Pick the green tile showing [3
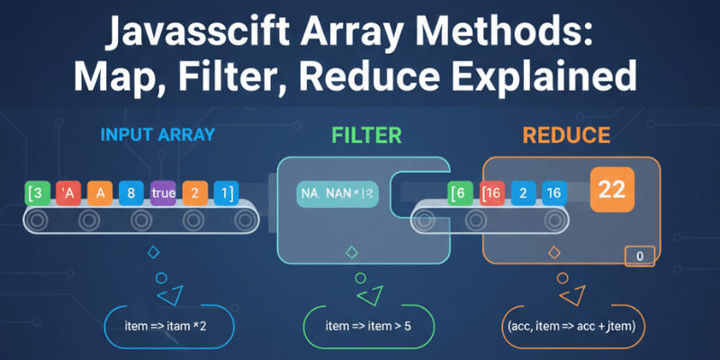pyautogui.click(x=36, y=192)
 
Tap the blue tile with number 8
pyautogui.click(x=130, y=192)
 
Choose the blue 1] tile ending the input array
pyautogui.click(x=226, y=192)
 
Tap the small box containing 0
pyautogui.click(x=639, y=256)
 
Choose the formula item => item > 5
pyautogui.click(x=368, y=325)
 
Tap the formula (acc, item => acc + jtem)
pyautogui.click(x=565, y=325)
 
